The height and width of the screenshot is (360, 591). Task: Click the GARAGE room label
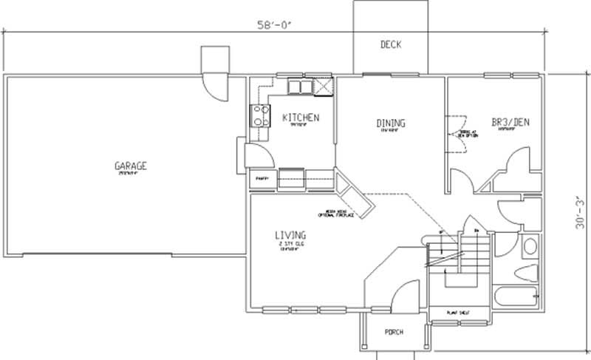click(x=130, y=166)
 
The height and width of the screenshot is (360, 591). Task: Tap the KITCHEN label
click(x=301, y=118)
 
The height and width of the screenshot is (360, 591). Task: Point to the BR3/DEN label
click(x=510, y=122)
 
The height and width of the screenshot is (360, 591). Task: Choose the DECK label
click(x=391, y=45)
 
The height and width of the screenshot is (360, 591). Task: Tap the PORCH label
click(x=394, y=332)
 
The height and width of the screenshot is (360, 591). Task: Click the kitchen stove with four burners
click(x=261, y=115)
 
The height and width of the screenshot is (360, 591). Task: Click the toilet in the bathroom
click(x=527, y=271)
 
